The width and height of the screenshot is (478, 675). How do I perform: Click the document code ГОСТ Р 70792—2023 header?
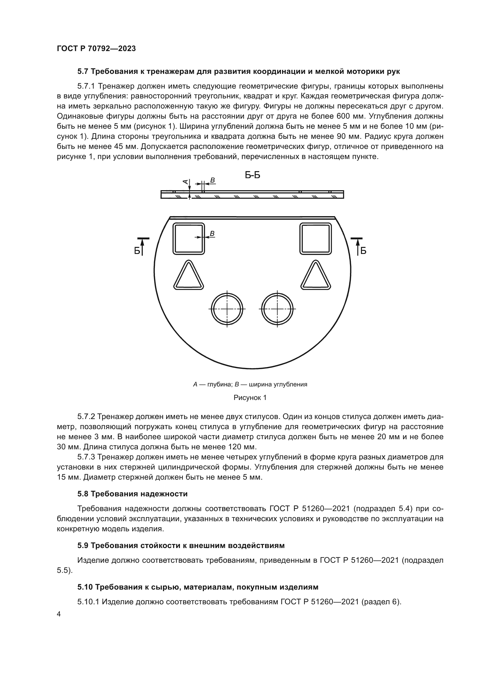click(x=96, y=49)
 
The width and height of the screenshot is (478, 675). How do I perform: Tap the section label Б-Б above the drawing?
click(x=253, y=175)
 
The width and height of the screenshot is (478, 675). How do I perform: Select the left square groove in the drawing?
click(x=188, y=239)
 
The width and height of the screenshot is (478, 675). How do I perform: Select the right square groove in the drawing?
click(x=316, y=239)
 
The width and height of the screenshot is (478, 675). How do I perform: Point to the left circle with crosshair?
click(x=227, y=309)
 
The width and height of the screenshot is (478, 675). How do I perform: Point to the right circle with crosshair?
click(x=277, y=309)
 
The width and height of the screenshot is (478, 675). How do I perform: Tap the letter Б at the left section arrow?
click(x=137, y=251)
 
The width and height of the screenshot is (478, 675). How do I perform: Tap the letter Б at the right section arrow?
click(x=363, y=251)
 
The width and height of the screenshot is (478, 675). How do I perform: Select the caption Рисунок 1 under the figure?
click(x=250, y=398)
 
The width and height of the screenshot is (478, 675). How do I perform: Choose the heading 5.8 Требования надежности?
click(x=132, y=494)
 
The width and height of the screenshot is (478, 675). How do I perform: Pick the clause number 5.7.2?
click(x=86, y=417)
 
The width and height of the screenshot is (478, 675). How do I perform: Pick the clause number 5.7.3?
click(x=86, y=457)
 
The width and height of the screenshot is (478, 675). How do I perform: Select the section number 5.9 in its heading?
click(x=83, y=546)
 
